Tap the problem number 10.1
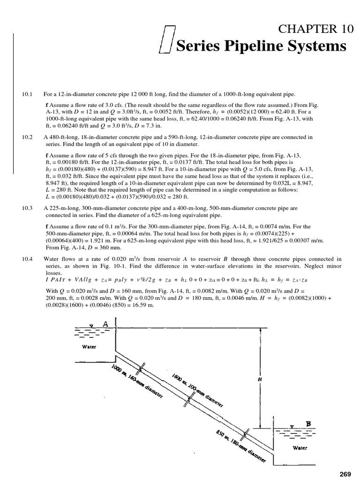coord(26,95)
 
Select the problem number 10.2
coord(26,137)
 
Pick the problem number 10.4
coord(26,259)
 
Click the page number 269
coord(345,474)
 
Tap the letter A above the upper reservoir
coord(105,323)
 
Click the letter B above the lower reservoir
coord(308,424)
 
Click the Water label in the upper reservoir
coord(89,347)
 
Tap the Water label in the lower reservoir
coord(300,448)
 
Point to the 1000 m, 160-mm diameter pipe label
coord(137,382)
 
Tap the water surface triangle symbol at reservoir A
coord(92,324)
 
